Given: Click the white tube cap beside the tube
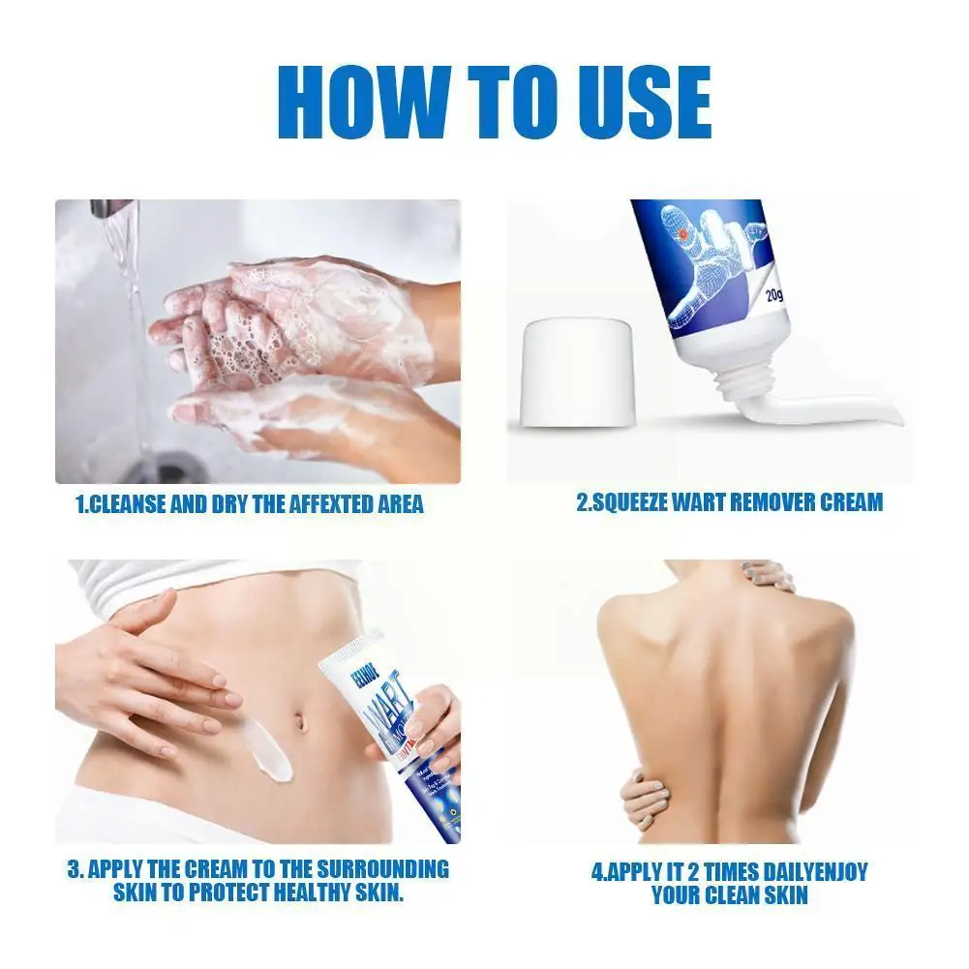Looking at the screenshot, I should click(578, 376).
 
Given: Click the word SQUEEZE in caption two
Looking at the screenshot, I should click(644, 502).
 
